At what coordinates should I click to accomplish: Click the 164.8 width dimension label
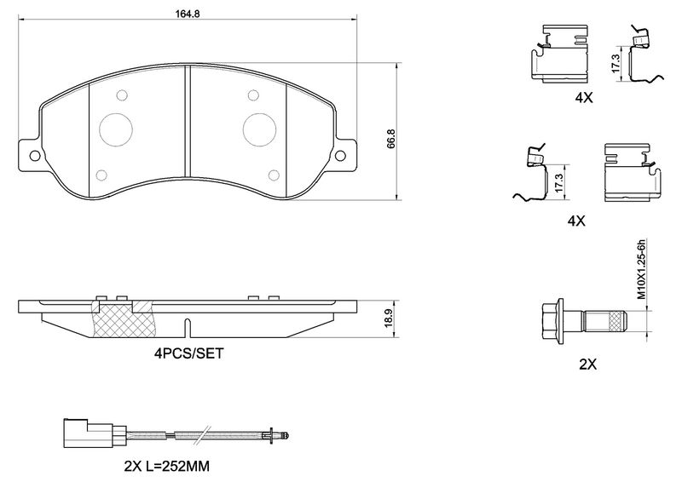click(x=182, y=13)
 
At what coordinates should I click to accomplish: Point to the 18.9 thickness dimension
click(x=389, y=319)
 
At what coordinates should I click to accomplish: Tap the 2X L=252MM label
click(x=167, y=467)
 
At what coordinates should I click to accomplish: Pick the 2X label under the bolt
click(x=587, y=364)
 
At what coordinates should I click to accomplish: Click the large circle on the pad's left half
click(x=116, y=129)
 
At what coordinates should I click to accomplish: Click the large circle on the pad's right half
click(x=259, y=129)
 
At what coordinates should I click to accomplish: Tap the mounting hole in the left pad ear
click(x=33, y=156)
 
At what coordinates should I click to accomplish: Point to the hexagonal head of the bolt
click(x=555, y=321)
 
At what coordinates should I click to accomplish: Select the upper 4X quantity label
click(x=583, y=98)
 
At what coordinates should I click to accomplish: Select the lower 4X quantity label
click(x=576, y=221)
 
